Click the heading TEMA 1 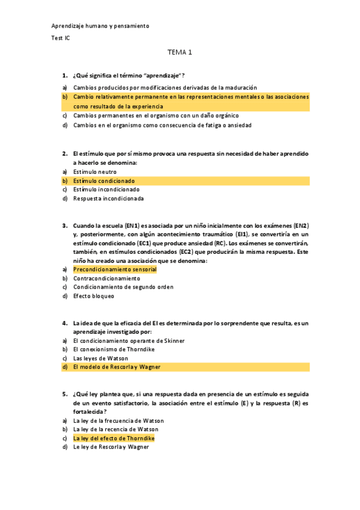(x=180, y=52)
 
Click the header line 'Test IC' (x=60, y=38)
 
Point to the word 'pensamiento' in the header (x=131, y=26)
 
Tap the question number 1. (x=64, y=75)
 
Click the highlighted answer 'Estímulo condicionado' (x=104, y=180)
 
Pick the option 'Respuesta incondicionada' (x=108, y=198)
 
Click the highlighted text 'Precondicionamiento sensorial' (x=115, y=269)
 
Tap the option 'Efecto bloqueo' (x=93, y=296)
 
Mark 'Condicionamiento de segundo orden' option (x=123, y=287)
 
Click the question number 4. (x=64, y=323)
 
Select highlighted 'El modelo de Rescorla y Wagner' (x=117, y=366)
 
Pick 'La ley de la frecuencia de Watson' (x=118, y=421)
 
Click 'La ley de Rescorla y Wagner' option (x=111, y=447)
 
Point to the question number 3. (x=64, y=226)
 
